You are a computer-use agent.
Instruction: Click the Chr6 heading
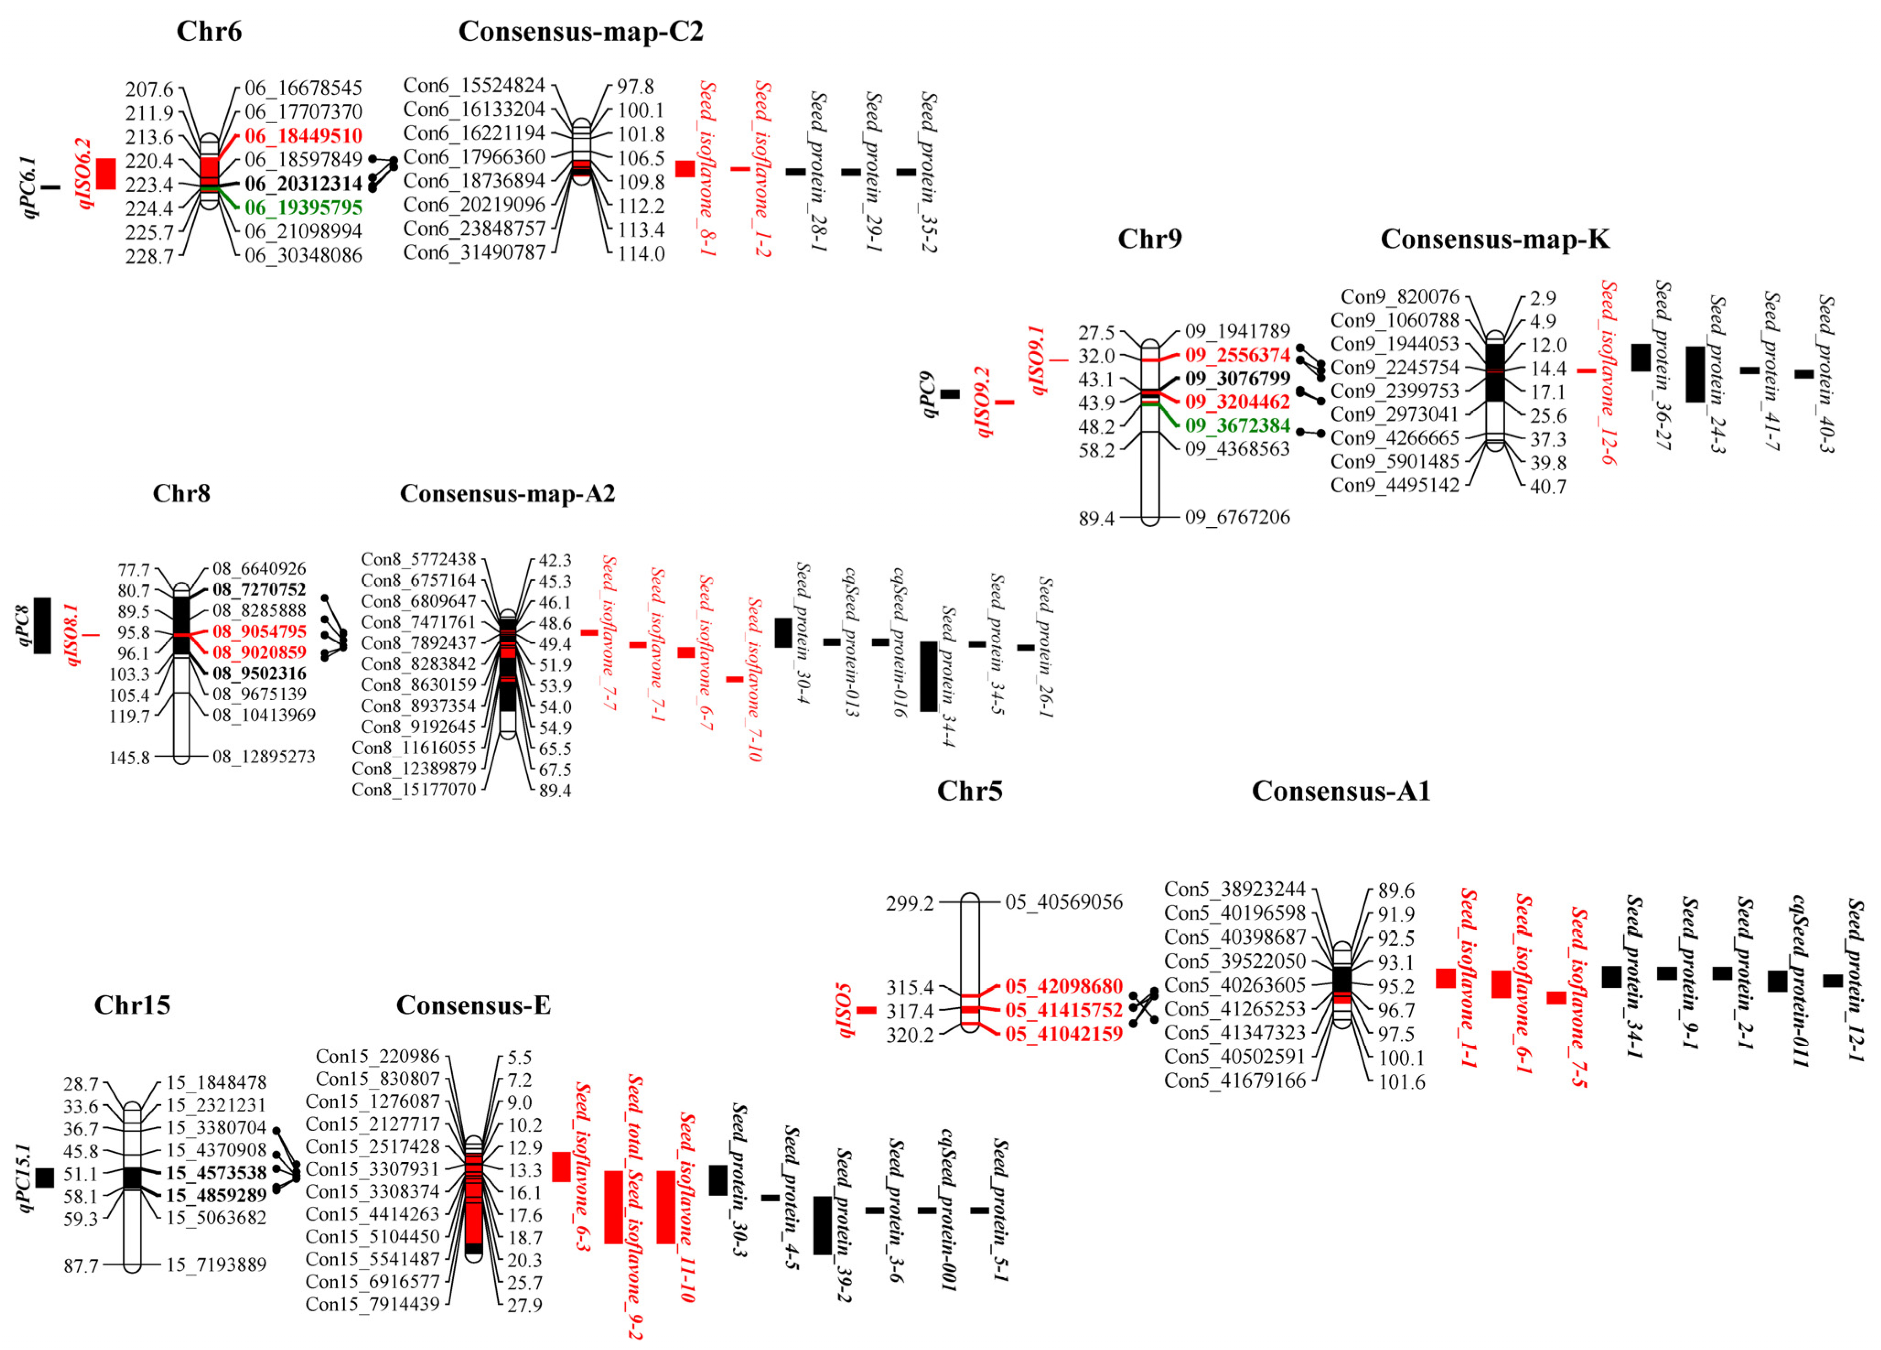[x=209, y=32]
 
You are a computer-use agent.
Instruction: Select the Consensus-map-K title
[x=1495, y=239]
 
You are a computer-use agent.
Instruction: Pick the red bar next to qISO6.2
[x=106, y=173]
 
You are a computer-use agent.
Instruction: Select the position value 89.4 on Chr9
[x=1097, y=519]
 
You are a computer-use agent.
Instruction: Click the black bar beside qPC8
[x=42, y=625]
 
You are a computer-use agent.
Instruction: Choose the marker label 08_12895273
[x=264, y=756]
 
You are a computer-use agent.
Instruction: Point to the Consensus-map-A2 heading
[x=508, y=493]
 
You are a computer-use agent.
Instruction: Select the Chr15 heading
[x=132, y=1005]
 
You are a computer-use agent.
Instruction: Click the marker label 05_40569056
[x=1064, y=902]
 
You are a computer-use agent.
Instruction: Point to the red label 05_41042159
[x=1064, y=1034]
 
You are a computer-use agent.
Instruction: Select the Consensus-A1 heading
[x=1341, y=791]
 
